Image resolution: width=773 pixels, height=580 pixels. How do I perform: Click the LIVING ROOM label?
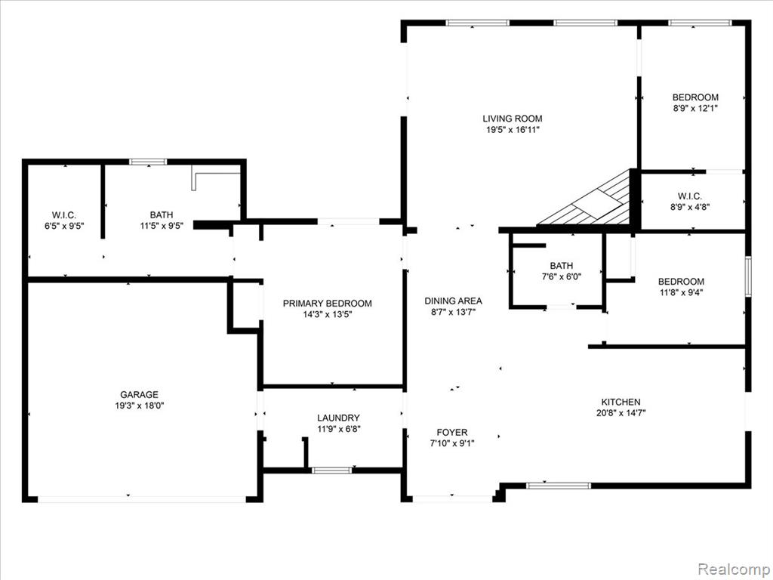point(513,119)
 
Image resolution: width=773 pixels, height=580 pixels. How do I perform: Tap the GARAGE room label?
point(140,394)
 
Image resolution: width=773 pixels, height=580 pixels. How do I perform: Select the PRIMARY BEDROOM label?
point(328,304)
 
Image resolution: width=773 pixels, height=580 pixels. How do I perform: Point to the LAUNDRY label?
point(338,418)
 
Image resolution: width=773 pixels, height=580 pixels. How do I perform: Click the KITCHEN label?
point(621,402)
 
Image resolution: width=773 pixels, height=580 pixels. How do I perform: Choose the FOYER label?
point(452,433)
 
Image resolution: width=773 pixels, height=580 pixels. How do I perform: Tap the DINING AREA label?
point(453,301)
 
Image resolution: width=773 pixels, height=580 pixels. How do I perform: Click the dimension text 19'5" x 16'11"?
point(513,130)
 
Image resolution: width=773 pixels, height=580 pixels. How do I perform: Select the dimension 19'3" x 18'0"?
point(140,406)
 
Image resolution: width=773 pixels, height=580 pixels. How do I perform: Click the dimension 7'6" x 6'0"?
point(562,277)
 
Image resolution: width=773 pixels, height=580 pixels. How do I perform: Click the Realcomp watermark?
point(732,569)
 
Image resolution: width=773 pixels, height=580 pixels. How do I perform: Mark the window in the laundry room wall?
point(332,470)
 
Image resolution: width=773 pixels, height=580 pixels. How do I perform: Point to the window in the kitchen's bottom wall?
point(559,486)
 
